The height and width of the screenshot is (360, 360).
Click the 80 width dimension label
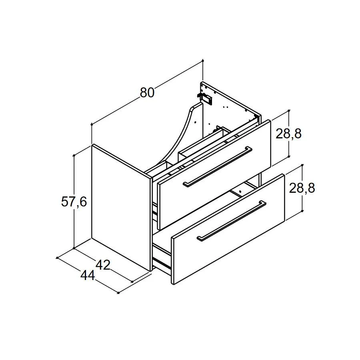click(147, 92)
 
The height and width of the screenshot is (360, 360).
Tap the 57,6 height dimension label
click(74, 202)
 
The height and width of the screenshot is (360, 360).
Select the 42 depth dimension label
click(103, 265)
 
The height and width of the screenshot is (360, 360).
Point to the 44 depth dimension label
click(88, 275)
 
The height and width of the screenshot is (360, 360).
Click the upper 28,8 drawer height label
click(288, 133)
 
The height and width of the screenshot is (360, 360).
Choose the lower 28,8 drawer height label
click(302, 188)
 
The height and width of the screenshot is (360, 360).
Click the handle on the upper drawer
click(218, 166)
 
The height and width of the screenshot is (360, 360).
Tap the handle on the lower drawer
click(232, 221)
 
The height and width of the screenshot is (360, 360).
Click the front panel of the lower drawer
click(228, 229)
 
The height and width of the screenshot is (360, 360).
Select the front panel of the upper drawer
click(214, 175)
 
